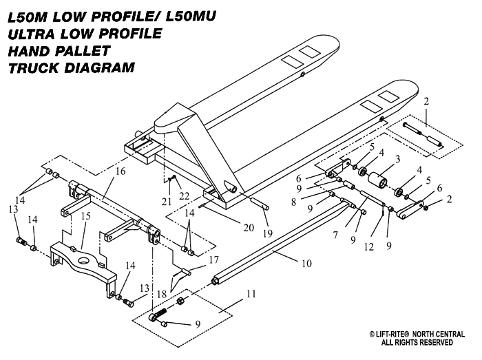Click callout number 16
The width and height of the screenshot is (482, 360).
(120, 171)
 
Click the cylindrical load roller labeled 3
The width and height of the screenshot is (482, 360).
(377, 184)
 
